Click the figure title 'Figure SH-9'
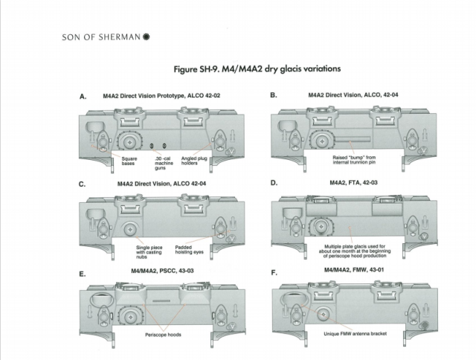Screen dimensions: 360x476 (x=257, y=69)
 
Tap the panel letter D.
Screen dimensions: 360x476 (x=274, y=183)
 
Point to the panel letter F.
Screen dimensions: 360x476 (x=274, y=274)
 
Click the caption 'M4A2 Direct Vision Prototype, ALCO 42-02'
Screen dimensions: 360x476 (x=163, y=96)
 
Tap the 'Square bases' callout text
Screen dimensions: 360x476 (x=119, y=161)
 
